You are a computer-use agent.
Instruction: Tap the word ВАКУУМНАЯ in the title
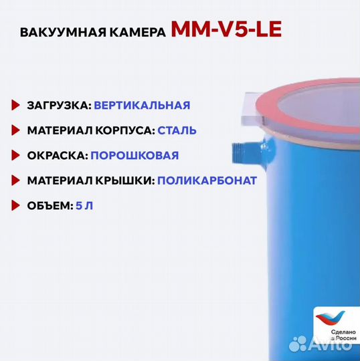(59, 33)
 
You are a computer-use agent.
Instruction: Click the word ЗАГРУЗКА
(58, 106)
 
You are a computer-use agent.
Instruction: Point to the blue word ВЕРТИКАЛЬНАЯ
(143, 106)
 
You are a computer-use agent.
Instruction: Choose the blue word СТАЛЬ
(178, 130)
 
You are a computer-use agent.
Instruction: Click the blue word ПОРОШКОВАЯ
(134, 156)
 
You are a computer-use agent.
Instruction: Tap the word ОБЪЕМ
(48, 206)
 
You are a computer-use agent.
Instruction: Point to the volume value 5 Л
(86, 206)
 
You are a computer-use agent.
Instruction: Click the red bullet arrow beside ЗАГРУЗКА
(16, 106)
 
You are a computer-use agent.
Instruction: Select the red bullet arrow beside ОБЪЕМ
(16, 206)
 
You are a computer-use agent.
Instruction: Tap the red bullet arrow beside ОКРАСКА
(16, 156)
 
